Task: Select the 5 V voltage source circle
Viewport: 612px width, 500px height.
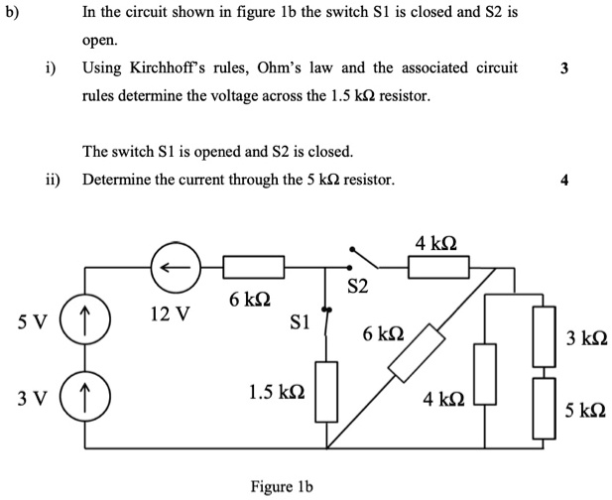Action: (84, 324)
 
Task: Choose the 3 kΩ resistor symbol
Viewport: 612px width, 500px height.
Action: (545, 335)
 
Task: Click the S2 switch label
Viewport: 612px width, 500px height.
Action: (357, 289)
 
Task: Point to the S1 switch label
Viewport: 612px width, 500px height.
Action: (300, 321)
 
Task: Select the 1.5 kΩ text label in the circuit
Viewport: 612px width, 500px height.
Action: (277, 392)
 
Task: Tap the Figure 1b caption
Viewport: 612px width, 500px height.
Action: (282, 486)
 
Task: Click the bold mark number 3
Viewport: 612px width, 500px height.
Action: (564, 69)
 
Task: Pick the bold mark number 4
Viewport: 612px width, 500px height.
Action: (564, 181)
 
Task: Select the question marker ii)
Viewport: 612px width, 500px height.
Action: (53, 181)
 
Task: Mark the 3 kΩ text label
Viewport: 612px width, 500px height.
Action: (586, 338)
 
